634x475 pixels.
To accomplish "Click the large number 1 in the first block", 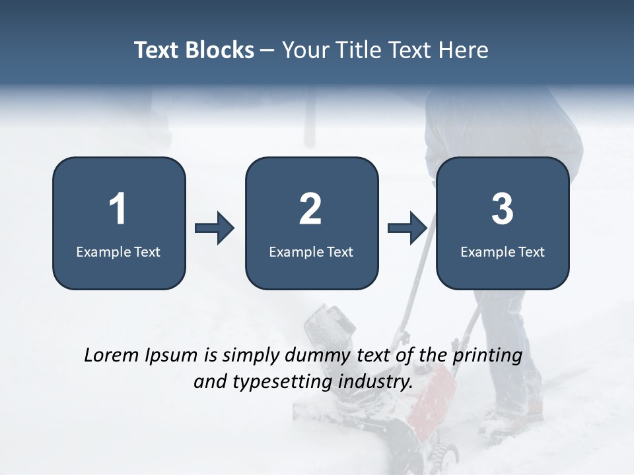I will (x=118, y=209).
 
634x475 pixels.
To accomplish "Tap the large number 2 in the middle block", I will (x=310, y=209).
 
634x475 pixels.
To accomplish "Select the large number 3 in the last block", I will (x=503, y=209).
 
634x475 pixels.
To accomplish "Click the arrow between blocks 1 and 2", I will (x=215, y=228).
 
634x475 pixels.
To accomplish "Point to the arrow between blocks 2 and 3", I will (x=407, y=228).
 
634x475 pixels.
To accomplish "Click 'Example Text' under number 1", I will (x=118, y=251).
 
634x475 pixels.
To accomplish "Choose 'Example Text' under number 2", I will (x=311, y=251).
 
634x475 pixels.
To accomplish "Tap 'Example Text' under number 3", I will (x=503, y=251).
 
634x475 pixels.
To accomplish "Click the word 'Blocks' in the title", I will (x=219, y=50).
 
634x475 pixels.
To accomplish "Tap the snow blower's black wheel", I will (x=446, y=454).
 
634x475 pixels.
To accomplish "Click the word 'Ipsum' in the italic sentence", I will (x=171, y=356).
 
